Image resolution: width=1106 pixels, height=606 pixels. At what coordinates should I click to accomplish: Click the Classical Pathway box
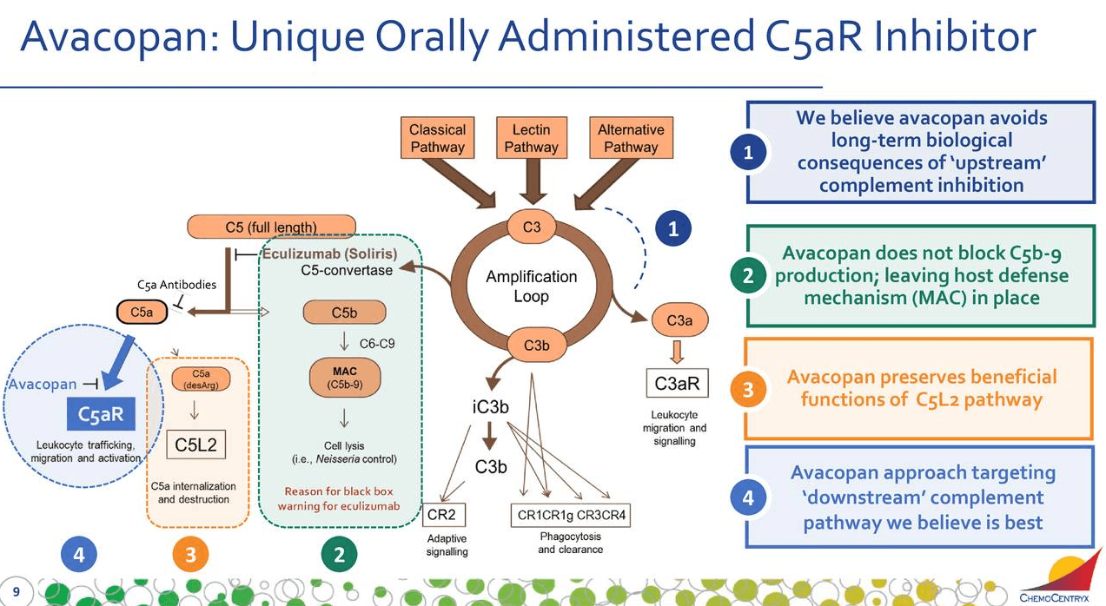pos(437,138)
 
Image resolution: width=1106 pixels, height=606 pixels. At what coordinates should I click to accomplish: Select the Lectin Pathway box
pos(531,138)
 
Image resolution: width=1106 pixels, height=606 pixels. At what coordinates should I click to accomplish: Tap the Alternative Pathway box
pos(631,138)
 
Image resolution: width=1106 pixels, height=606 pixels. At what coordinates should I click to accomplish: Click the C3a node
pos(679,320)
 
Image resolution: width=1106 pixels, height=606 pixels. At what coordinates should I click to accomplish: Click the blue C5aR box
pos(101,415)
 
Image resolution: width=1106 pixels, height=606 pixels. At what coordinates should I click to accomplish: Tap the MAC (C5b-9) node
pos(344,377)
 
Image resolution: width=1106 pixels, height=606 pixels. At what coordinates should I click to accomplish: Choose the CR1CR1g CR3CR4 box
pos(570,515)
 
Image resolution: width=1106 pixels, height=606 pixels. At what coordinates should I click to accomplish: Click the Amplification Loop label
pos(531,287)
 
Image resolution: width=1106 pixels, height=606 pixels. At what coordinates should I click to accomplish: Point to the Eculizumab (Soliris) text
pos(329,254)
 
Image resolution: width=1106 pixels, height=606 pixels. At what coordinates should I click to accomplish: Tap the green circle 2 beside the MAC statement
pos(748,276)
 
